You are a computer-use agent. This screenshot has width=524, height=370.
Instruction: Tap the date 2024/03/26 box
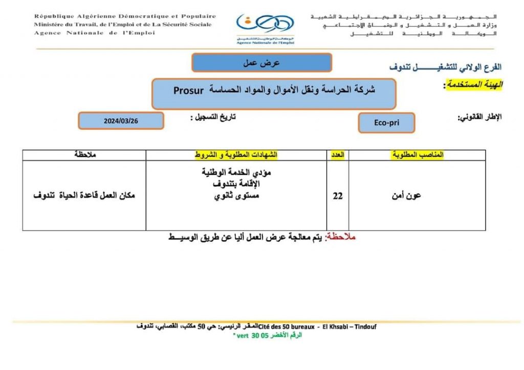tap(121, 121)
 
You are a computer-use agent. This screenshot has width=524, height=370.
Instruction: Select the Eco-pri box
tap(386, 123)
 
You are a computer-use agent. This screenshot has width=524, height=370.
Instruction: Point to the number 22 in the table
tap(337, 195)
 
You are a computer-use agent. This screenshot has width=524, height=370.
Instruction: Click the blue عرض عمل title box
tap(261, 63)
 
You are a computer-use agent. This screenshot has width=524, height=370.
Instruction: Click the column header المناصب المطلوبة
tap(417, 154)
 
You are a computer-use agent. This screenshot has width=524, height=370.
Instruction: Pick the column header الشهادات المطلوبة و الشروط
tap(236, 154)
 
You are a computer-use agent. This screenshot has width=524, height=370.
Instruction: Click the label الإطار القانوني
tap(479, 117)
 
